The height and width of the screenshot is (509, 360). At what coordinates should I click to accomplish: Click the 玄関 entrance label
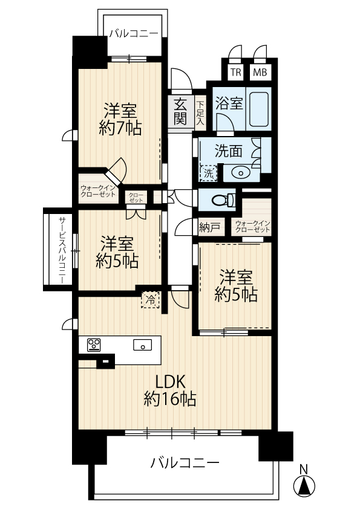[180, 111]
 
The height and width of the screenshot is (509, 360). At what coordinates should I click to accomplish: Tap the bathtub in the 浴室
[259, 109]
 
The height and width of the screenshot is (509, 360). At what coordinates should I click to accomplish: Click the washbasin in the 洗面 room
[241, 173]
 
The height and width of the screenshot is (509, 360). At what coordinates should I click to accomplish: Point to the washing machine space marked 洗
[208, 173]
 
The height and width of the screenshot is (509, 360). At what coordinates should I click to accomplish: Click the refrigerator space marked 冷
[150, 300]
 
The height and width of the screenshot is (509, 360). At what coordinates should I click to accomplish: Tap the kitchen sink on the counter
[142, 345]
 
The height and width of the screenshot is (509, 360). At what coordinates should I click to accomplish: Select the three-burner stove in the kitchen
[94, 345]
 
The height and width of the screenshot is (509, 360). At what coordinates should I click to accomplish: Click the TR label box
[236, 72]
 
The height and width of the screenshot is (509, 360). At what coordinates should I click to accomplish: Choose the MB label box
[260, 72]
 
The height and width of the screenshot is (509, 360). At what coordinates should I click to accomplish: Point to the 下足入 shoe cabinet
[200, 112]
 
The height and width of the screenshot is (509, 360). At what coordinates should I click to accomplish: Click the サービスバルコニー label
[62, 250]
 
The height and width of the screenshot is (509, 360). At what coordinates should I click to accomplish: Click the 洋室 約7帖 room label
[120, 119]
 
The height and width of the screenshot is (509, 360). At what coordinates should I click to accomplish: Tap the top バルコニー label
[134, 34]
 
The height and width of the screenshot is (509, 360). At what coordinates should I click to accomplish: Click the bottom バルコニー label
[185, 462]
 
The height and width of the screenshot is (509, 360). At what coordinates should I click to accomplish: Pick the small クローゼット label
[136, 197]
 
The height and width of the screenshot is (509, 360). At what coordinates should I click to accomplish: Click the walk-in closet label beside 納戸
[252, 226]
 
